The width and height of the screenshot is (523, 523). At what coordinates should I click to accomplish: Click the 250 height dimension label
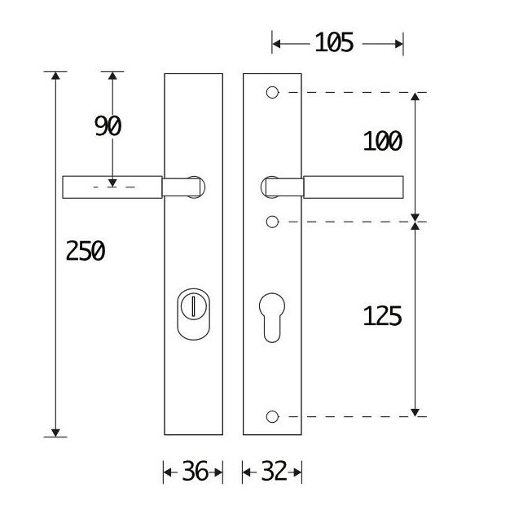point(86,252)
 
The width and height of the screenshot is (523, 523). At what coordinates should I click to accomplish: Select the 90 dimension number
point(108,126)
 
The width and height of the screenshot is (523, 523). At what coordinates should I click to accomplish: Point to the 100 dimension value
point(383,141)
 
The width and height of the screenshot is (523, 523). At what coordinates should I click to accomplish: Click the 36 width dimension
point(193,472)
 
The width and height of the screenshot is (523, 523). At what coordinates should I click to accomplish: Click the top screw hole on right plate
point(273,92)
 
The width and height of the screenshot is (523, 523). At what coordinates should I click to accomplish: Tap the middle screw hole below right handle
point(273,222)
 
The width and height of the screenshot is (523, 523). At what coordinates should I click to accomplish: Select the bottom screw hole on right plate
point(273,417)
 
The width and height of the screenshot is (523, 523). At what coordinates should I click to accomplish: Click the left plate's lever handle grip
point(112,187)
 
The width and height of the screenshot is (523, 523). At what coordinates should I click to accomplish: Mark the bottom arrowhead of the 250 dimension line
point(55,431)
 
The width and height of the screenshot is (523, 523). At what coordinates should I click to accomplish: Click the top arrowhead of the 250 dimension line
point(55,77)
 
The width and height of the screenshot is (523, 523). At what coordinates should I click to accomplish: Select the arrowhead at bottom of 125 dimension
point(415,411)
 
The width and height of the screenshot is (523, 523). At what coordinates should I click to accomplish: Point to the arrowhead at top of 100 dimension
point(415,98)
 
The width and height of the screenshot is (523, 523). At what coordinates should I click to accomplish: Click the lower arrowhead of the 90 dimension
point(112,182)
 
